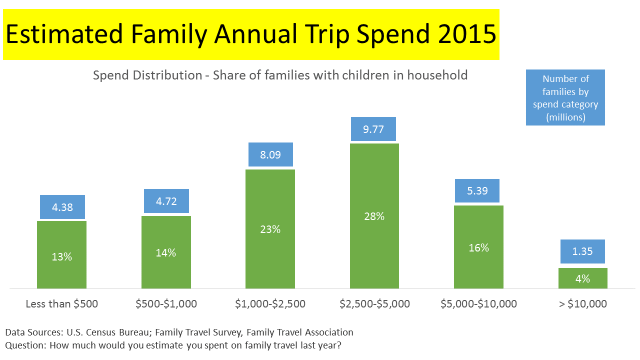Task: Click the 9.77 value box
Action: click(373, 129)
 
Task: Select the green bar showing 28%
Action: click(374, 216)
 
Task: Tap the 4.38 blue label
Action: click(62, 207)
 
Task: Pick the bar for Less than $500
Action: click(62, 254)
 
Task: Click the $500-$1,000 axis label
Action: click(166, 303)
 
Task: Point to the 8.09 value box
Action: click(270, 154)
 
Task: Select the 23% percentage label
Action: click(270, 229)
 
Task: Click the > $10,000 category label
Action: click(582, 303)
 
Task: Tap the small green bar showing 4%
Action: click(582, 278)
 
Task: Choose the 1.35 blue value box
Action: click(582, 251)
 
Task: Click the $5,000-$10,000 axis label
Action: click(478, 303)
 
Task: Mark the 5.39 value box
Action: click(477, 190)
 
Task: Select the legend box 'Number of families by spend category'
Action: click(565, 98)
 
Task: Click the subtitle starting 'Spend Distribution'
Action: click(280, 75)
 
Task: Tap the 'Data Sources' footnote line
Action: click(179, 332)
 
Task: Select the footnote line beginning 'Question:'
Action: click(173, 345)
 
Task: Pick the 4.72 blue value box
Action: click(166, 201)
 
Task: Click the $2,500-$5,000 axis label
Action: click(374, 303)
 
